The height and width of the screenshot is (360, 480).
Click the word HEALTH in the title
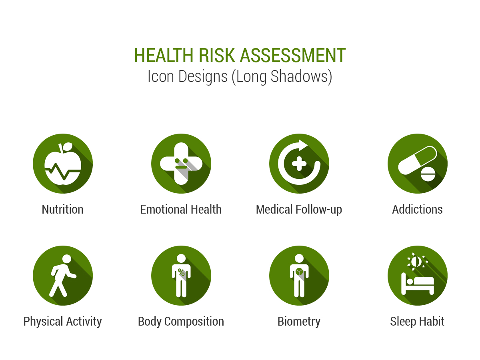164,55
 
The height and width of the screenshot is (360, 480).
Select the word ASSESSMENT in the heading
293,55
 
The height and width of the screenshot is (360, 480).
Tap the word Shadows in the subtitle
301,77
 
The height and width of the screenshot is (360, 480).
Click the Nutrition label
62,209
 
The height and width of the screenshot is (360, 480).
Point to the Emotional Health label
181,209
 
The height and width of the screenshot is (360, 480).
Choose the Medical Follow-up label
299,210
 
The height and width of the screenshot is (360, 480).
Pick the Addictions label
417,209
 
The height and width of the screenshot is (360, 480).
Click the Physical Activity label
62,322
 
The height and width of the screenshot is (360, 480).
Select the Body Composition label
181,322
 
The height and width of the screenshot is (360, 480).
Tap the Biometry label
299,322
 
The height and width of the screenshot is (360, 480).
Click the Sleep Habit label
417,322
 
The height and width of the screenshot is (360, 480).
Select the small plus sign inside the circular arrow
299,164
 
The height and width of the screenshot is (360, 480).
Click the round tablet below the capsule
428,174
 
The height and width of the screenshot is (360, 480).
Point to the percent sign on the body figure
181,272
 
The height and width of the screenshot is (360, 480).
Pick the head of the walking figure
67,259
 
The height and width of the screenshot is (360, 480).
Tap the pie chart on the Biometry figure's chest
299,272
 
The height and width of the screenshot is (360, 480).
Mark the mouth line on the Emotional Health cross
181,167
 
